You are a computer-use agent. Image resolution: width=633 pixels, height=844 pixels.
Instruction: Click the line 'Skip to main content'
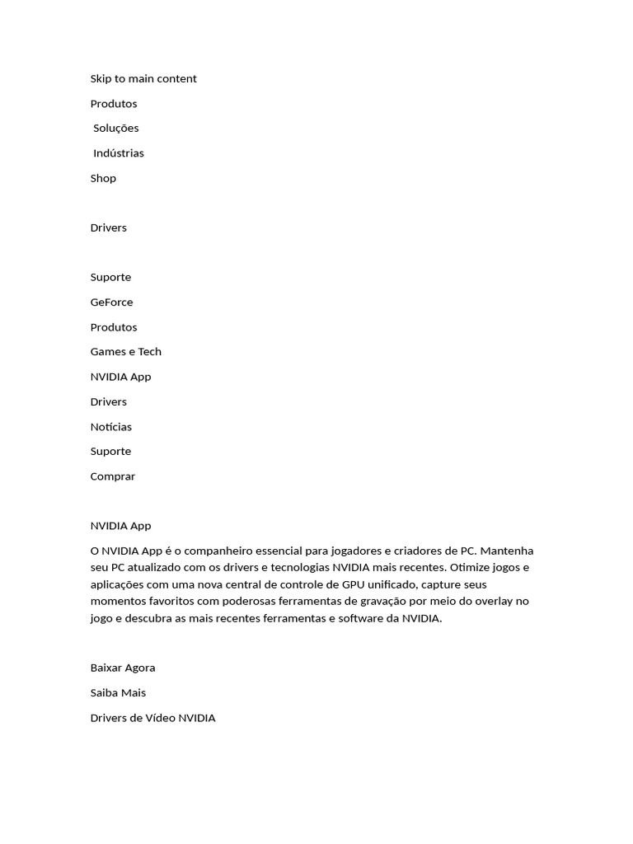coord(143,79)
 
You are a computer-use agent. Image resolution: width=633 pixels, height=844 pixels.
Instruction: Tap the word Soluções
coord(116,129)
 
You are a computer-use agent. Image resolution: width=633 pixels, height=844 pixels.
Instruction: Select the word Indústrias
coord(119,153)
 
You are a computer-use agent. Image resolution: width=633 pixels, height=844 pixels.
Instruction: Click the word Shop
coord(103,178)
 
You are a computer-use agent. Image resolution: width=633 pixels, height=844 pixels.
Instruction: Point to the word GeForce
coord(111,302)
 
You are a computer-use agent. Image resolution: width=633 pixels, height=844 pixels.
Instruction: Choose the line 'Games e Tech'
coord(126,352)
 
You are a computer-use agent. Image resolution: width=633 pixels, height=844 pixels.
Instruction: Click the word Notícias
coord(111,427)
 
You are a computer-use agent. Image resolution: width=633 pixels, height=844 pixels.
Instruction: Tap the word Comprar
coord(113,476)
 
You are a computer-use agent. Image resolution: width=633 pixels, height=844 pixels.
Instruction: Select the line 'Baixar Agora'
coord(123,668)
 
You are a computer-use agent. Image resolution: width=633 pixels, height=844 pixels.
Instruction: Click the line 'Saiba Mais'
coord(118,693)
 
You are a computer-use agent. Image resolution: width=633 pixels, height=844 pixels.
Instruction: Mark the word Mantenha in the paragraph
coord(508,551)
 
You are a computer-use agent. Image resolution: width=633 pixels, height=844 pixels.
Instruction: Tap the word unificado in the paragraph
coord(386,584)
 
